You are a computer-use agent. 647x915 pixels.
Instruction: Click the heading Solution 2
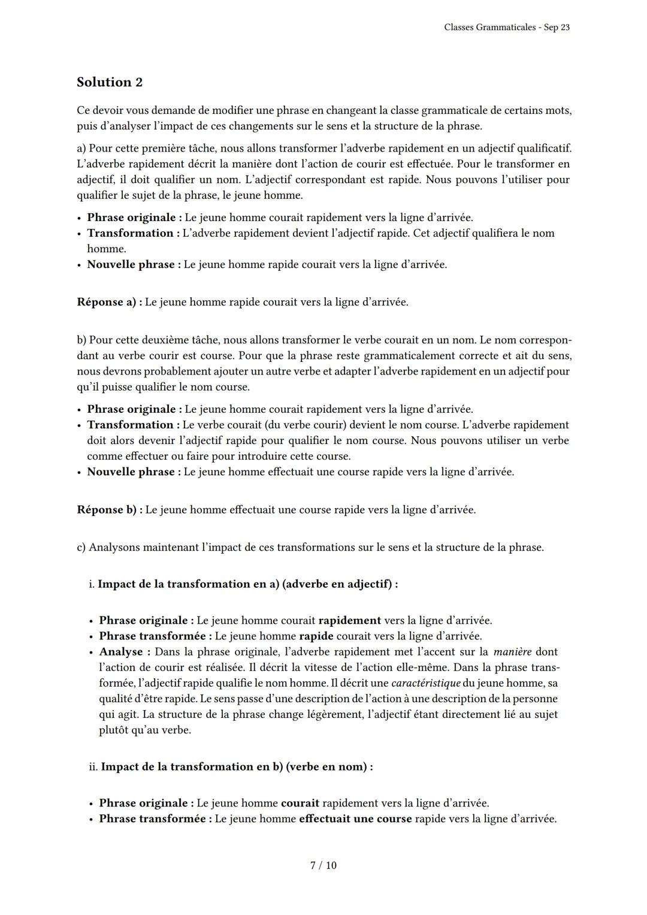click(x=110, y=82)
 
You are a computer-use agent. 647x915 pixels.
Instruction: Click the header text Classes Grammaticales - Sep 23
click(x=507, y=28)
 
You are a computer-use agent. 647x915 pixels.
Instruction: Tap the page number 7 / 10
click(x=323, y=865)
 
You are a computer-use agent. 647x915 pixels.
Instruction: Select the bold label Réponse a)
click(x=109, y=302)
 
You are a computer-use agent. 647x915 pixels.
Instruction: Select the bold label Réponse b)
click(x=110, y=509)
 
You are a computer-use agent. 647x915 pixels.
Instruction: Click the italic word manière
click(x=512, y=651)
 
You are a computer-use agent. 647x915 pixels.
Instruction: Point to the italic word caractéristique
click(x=425, y=683)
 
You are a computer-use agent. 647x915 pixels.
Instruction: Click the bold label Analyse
click(x=120, y=651)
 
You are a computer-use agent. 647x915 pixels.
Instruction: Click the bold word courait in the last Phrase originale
click(x=300, y=803)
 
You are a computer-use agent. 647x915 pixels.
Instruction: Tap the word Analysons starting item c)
click(x=115, y=547)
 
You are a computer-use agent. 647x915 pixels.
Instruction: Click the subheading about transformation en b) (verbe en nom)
click(x=237, y=766)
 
